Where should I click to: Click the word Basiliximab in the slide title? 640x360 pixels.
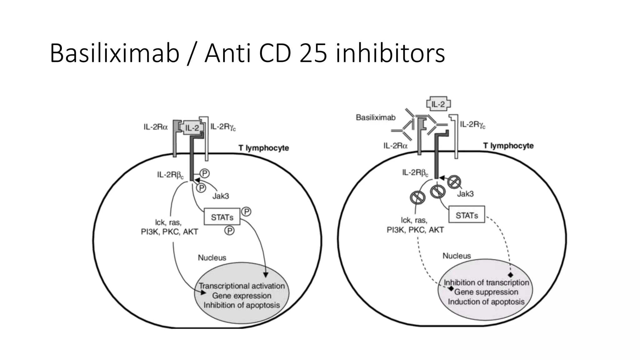tap(114, 53)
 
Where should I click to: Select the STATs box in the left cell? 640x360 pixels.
tap(222, 217)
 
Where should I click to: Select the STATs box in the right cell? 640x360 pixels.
tap(467, 215)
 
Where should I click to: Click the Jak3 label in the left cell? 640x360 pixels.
tap(221, 196)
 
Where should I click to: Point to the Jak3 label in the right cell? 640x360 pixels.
tap(465, 194)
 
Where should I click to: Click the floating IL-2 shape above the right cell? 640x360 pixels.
tap(438, 104)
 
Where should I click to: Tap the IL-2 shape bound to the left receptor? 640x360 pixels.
tap(192, 127)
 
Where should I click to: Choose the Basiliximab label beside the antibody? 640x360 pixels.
tap(376, 117)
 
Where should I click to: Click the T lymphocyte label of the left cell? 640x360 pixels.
tap(263, 148)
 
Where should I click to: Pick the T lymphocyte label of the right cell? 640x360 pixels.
tap(508, 146)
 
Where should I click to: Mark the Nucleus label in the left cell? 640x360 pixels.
tap(212, 257)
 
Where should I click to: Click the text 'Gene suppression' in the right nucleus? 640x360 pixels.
tap(486, 292)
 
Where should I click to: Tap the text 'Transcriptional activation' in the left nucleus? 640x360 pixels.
tap(242, 286)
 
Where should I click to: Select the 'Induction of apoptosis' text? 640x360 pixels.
tap(486, 302)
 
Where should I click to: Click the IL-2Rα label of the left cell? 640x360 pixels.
tap(156, 127)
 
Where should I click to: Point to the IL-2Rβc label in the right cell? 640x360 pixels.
tap(415, 172)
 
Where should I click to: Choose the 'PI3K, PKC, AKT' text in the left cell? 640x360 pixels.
tap(169, 232)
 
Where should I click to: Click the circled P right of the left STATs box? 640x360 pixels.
tap(247, 212)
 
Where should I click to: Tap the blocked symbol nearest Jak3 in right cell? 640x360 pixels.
tap(454, 182)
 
